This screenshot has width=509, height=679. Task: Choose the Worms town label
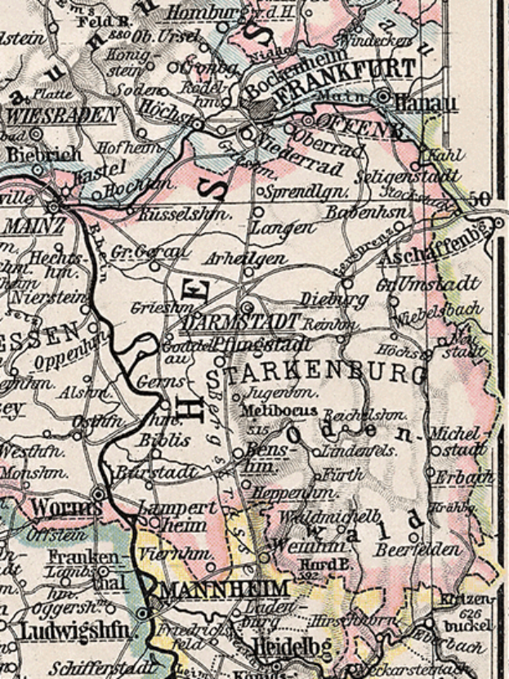pyautogui.click(x=56, y=508)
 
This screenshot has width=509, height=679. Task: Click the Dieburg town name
pyautogui.click(x=323, y=299)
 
